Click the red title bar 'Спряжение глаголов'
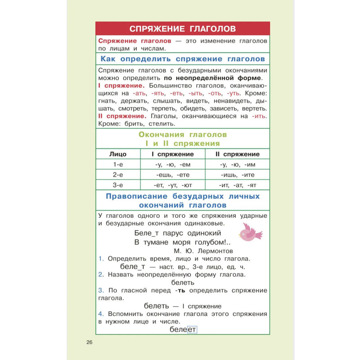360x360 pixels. tap(183, 29)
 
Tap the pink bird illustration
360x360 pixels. tap(250, 232)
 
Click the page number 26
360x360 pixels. tap(89, 342)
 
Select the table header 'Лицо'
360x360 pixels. tap(118, 154)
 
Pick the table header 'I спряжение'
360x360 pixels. tap(173, 154)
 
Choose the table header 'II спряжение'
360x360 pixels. tap(237, 154)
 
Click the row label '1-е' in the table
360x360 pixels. tap(118, 164)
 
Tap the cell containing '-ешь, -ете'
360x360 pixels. tap(173, 175)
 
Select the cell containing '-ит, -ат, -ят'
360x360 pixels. tap(237, 185)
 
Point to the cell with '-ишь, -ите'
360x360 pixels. tap(237, 175)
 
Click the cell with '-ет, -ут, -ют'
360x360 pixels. tap(173, 185)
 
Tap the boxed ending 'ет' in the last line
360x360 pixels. tap(192, 330)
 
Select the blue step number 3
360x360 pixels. tap(100, 290)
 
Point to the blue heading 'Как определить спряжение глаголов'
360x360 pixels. tap(183, 59)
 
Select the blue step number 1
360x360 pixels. tap(100, 259)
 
